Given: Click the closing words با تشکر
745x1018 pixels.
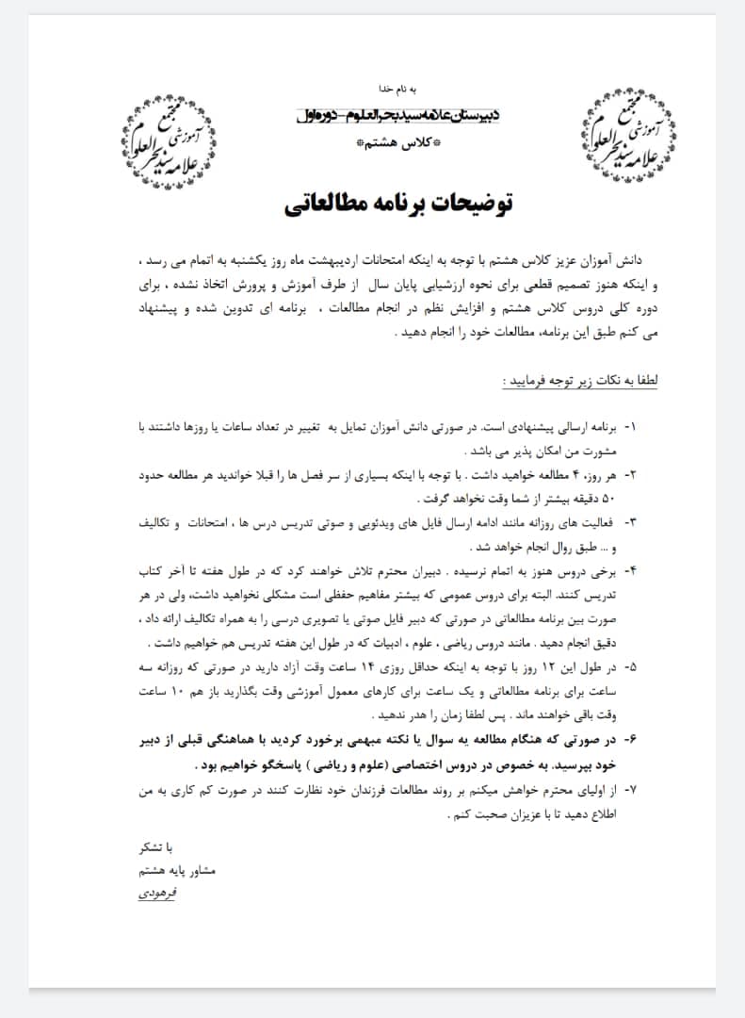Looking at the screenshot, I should pos(157,847).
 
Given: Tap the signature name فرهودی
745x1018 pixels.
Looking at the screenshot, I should pos(156,891).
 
